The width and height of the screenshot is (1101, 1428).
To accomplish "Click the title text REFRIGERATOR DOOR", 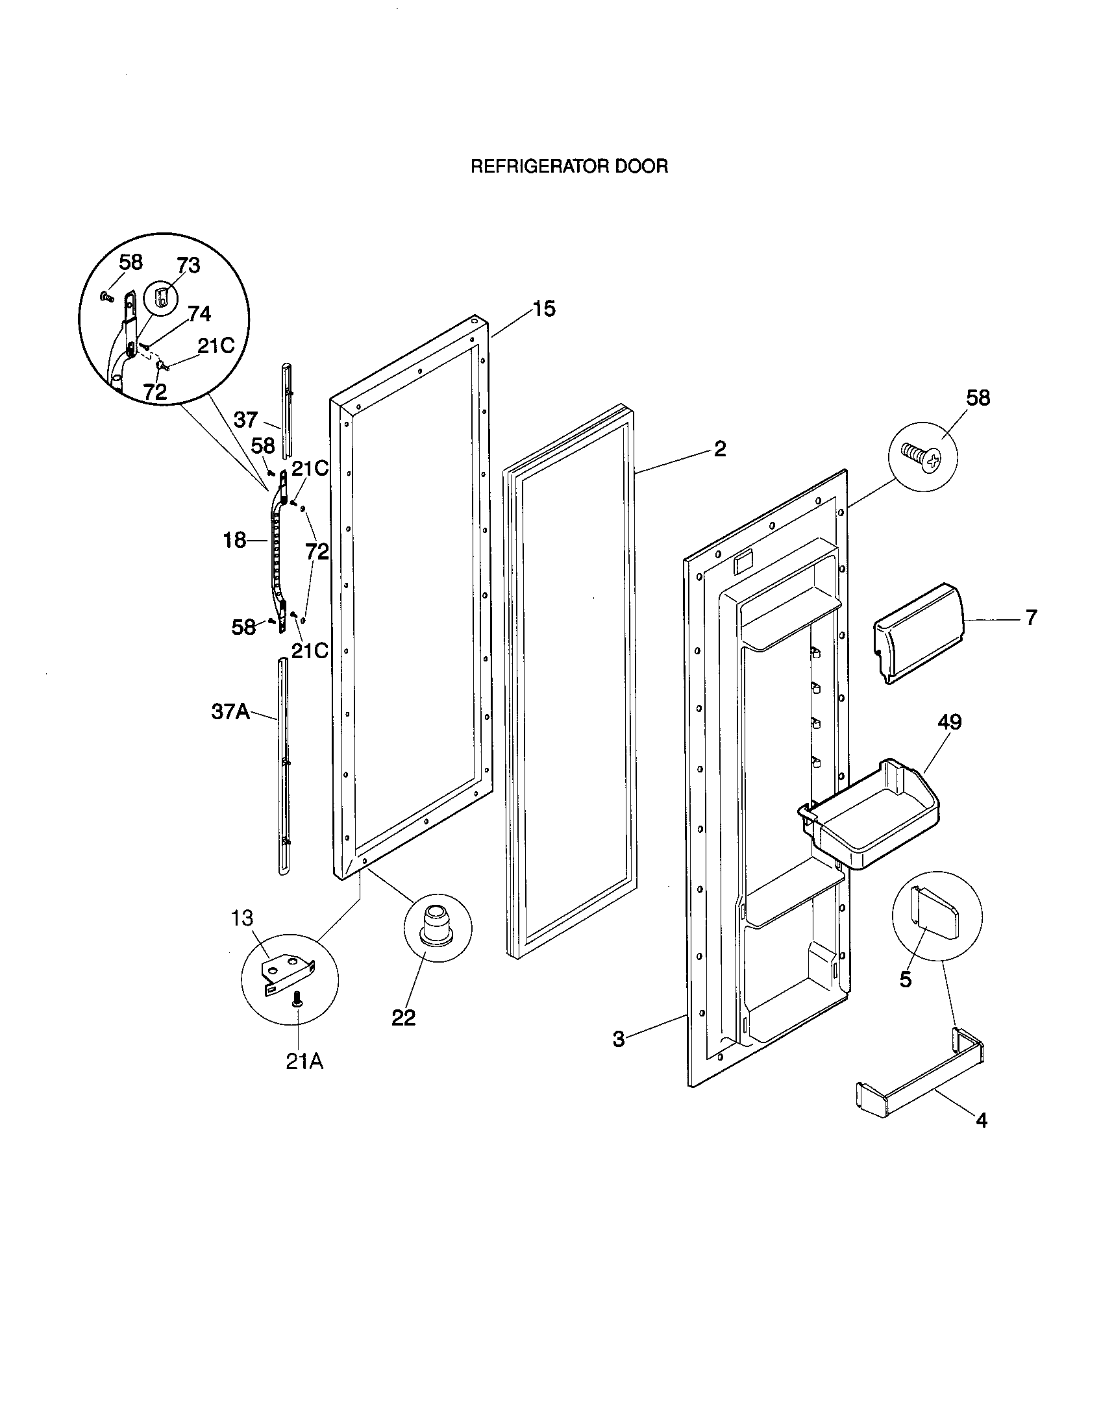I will [x=569, y=167].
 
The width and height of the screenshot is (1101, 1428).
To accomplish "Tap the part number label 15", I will [x=543, y=308].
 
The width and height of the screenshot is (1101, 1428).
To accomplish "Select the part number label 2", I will [x=719, y=449].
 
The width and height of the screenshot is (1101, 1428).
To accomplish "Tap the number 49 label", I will [x=949, y=722].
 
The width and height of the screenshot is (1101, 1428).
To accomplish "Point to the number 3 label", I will [x=619, y=1039].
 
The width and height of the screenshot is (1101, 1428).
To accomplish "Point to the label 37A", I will [x=230, y=711].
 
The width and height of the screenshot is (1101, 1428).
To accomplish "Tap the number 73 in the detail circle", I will [x=188, y=265].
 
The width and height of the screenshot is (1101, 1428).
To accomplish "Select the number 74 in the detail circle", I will [x=199, y=314].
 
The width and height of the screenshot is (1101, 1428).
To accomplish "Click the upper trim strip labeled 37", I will [x=286, y=409].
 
